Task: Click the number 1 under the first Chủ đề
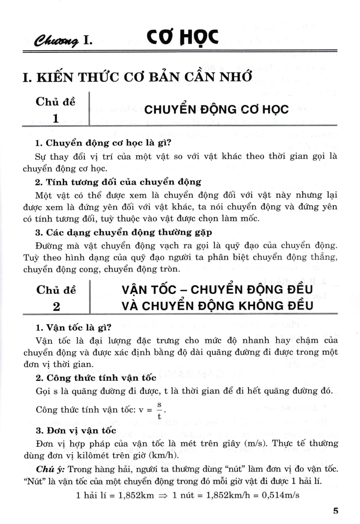point(55,118)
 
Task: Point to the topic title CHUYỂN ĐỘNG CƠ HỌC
point(216,109)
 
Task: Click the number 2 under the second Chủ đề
point(56,306)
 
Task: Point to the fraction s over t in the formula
point(159,410)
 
